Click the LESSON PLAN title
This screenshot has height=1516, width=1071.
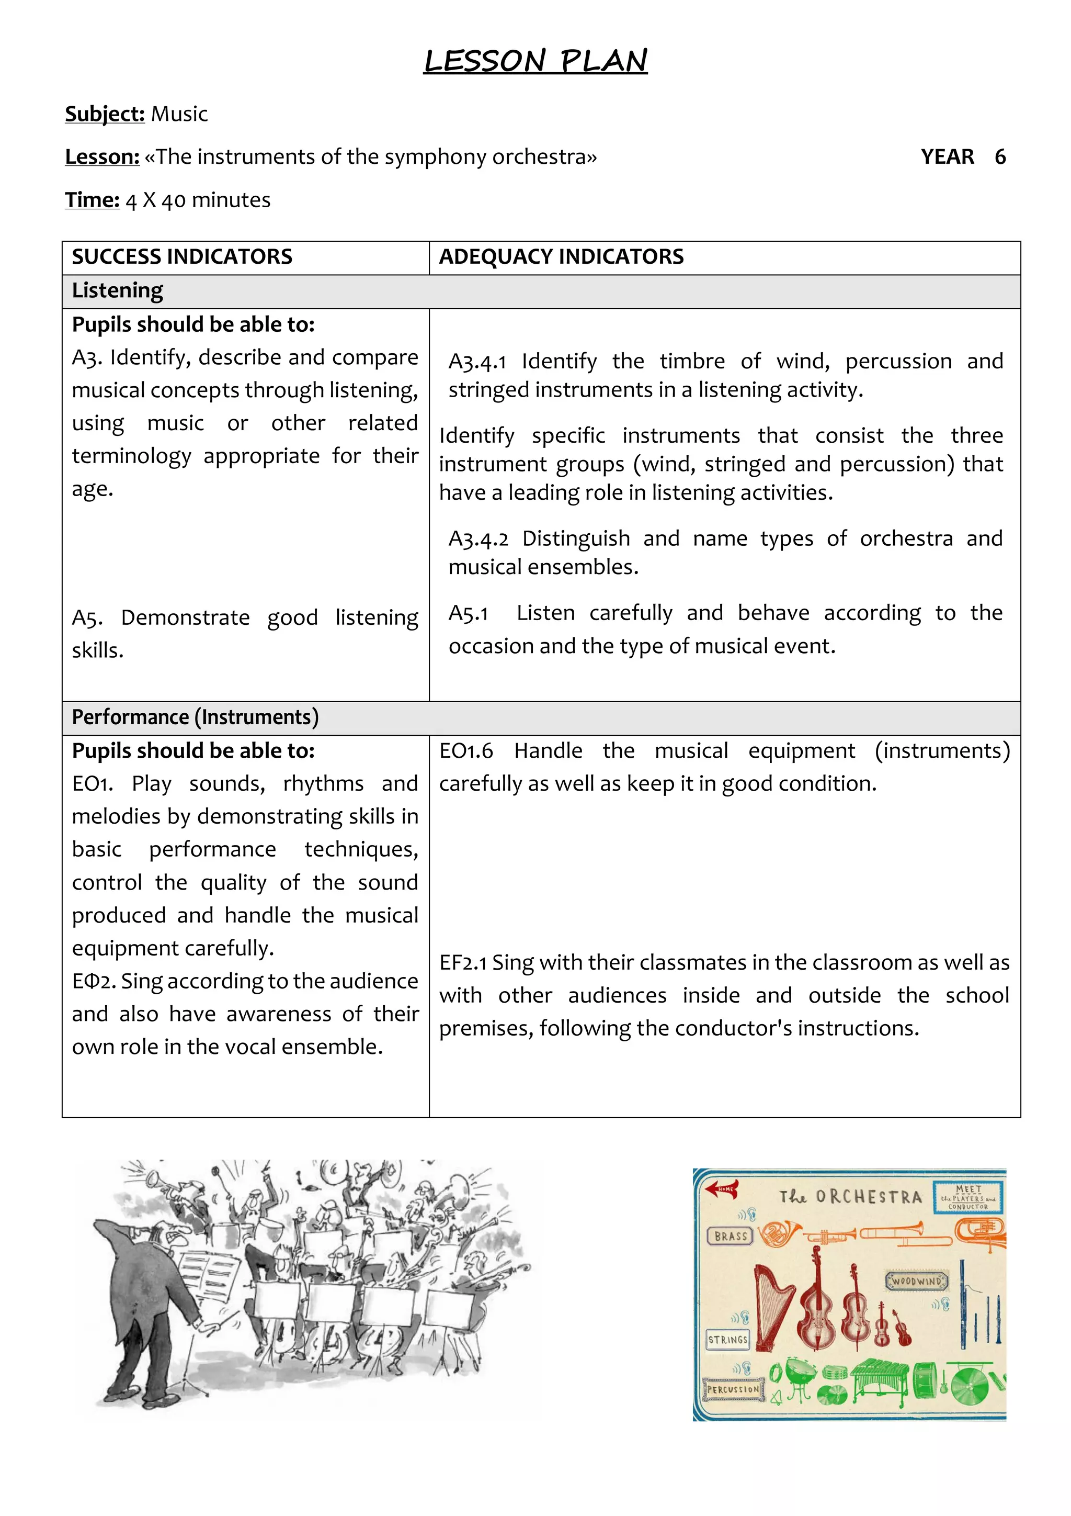click(535, 61)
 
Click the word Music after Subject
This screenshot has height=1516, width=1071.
click(179, 114)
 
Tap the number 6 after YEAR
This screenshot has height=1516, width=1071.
click(1000, 157)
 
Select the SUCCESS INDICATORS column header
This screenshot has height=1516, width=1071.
click(182, 257)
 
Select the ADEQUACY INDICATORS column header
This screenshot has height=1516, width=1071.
click(561, 257)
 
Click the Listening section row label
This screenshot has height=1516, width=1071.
click(118, 290)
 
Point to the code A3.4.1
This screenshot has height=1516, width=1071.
click(477, 362)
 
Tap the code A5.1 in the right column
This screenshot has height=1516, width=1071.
click(468, 613)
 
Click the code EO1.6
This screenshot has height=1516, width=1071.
click(466, 751)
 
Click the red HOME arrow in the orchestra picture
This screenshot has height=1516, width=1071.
click(721, 1189)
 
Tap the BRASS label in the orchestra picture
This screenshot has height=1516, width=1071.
click(730, 1236)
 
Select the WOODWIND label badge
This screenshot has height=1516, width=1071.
click(917, 1281)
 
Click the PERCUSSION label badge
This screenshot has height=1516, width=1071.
click(733, 1389)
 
